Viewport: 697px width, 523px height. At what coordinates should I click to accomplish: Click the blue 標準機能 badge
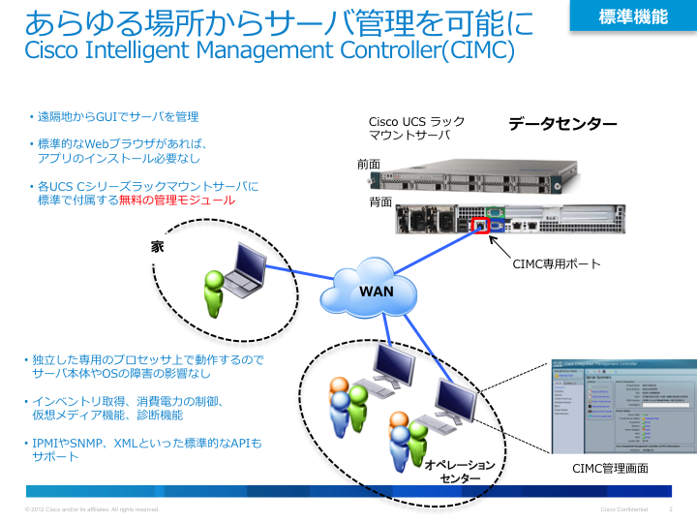632,15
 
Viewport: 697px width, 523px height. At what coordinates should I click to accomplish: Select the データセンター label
562,124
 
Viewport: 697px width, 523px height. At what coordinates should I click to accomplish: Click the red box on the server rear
478,226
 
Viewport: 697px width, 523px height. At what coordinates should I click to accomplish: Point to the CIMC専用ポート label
556,263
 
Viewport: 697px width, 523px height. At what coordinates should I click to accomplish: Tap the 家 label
157,247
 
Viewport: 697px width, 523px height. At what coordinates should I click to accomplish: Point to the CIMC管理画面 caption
610,468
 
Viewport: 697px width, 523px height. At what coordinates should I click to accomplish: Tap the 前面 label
368,165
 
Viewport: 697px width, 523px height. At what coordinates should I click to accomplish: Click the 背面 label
379,202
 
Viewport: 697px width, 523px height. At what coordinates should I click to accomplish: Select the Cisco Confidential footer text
623,509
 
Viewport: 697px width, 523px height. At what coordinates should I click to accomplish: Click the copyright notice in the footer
93,509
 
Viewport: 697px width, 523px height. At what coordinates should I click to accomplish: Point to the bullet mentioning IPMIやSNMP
145,449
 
